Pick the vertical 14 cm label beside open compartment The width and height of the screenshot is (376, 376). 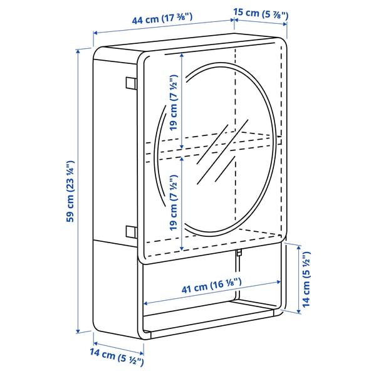pyautogui.click(x=305, y=278)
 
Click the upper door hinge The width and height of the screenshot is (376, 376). pyautogui.click(x=130, y=83)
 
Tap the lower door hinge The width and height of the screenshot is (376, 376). pyautogui.click(x=130, y=231)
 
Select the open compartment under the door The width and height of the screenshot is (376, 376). pyautogui.click(x=207, y=295)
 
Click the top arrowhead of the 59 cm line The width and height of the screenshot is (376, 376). pyautogui.click(x=78, y=51)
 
